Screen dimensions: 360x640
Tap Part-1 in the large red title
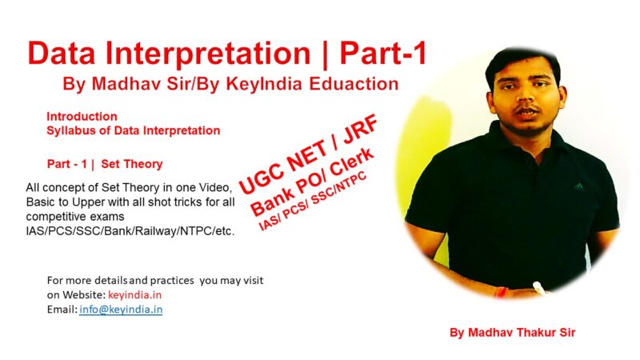(382, 53)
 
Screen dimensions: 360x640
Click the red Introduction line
(82, 116)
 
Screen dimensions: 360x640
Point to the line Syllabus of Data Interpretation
(133, 130)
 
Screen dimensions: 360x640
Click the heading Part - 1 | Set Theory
(105, 164)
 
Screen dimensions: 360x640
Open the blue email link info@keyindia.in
(121, 309)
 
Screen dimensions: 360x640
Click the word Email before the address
(61, 309)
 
